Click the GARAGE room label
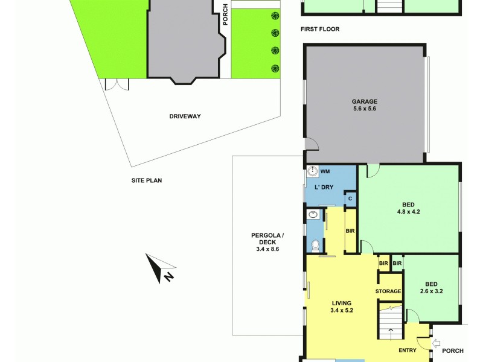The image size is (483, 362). point(364,101)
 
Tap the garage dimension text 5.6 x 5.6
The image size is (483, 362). point(364,109)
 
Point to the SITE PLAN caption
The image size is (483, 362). point(147,180)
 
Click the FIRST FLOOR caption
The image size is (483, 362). point(320,29)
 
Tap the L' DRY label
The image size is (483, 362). point(324,187)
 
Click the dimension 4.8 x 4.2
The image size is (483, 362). point(408,212)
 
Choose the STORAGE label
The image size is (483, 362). point(388,291)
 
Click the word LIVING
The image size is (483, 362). point(342,303)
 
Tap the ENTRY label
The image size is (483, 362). point(408,350)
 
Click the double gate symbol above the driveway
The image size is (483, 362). point(117,84)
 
